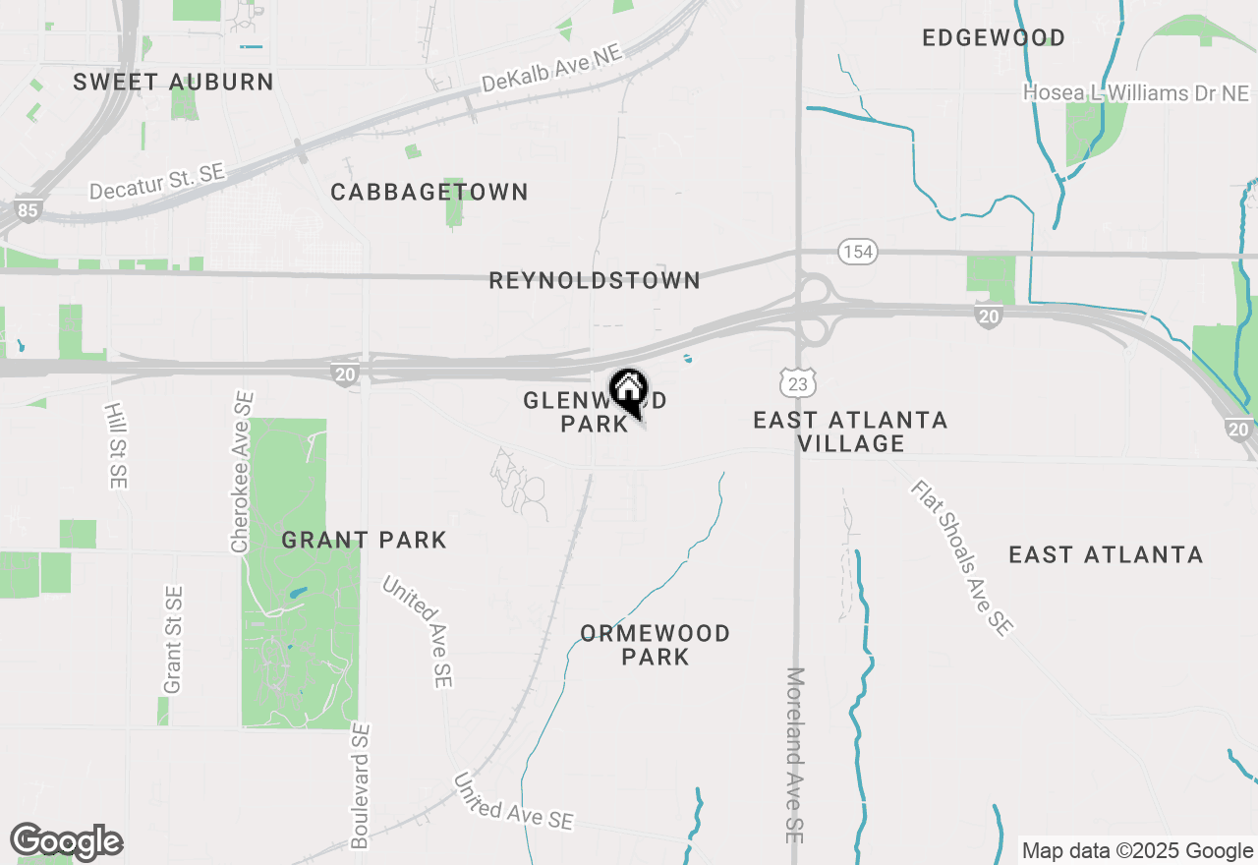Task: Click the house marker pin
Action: (628, 389)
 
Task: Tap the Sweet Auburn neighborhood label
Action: (173, 82)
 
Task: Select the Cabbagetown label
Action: (429, 192)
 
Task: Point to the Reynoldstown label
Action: (595, 281)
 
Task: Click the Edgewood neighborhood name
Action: (994, 38)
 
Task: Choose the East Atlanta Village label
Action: (850, 432)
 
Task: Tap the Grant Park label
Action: (364, 540)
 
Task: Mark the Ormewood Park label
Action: (655, 645)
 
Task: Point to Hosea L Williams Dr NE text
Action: (1136, 93)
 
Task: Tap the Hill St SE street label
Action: (117, 444)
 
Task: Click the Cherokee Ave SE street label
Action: (242, 472)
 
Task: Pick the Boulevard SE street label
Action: (361, 786)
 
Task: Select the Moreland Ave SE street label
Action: (795, 755)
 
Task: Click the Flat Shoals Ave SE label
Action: (960, 557)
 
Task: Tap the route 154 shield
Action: (857, 252)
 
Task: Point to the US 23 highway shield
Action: (797, 383)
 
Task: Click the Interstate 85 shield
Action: (27, 210)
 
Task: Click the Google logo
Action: (66, 841)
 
